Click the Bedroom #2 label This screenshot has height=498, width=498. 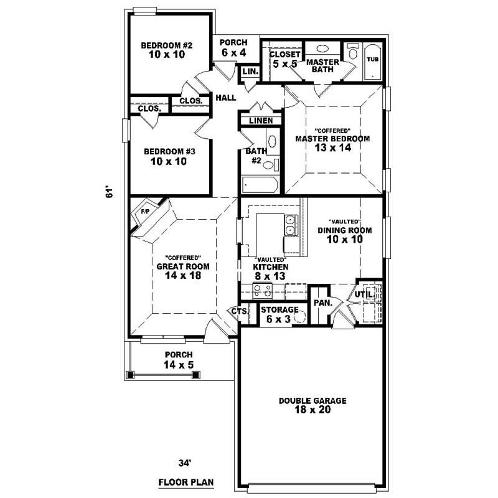coord(167,50)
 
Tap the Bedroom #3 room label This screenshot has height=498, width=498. coord(169,157)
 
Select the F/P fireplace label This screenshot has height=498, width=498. coord(145,212)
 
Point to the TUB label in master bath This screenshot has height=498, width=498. coord(372,59)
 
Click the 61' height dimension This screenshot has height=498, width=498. coord(108,193)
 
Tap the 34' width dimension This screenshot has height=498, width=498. coord(185,463)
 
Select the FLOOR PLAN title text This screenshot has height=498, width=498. coord(186,482)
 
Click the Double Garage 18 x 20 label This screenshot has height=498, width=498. coord(312,405)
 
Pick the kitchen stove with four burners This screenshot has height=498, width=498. coord(263,291)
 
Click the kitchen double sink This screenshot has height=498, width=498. coord(291,225)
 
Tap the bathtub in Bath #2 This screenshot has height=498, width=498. coord(260,185)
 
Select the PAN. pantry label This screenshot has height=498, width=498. coord(323,303)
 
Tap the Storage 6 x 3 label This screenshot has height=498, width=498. coord(280,314)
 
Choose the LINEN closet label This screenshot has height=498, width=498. coord(261,121)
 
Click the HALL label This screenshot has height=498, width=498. coord(226,98)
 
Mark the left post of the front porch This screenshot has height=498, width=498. coord(130,375)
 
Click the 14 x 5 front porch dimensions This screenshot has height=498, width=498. coord(179,365)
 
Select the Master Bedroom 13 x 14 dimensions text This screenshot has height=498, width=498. coord(333,148)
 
